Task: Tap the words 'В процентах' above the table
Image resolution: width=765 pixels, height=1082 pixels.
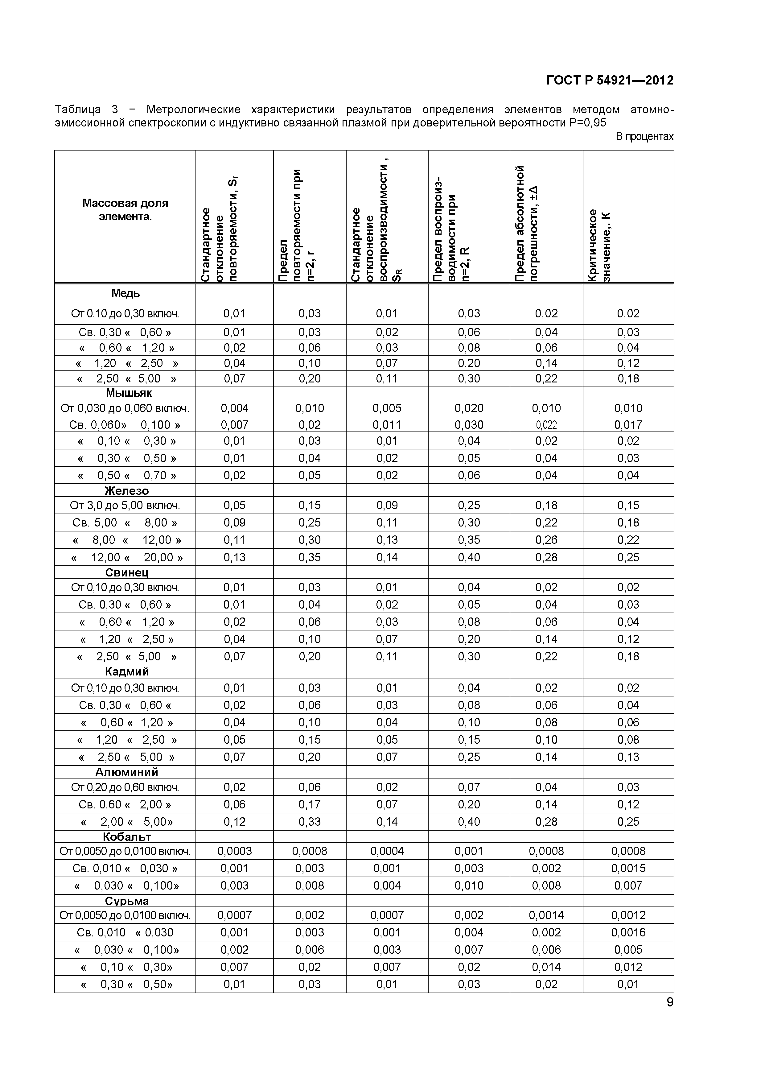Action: coord(644,137)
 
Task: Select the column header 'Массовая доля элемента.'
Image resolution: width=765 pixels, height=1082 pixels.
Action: coord(125,210)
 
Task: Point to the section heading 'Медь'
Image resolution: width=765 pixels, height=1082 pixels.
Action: coord(125,293)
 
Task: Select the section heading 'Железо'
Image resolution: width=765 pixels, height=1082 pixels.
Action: coord(126,491)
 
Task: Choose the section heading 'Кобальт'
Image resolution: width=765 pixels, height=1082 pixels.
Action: coord(127,836)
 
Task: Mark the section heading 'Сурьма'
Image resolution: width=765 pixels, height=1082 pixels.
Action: coord(127,901)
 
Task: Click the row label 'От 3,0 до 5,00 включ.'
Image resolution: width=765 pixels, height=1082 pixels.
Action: coord(125,506)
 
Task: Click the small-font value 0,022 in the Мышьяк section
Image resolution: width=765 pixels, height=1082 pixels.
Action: coord(546,425)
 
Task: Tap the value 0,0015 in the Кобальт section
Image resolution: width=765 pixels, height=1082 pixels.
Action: coord(628,868)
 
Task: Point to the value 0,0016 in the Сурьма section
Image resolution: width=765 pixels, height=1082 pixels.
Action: coord(628,932)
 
